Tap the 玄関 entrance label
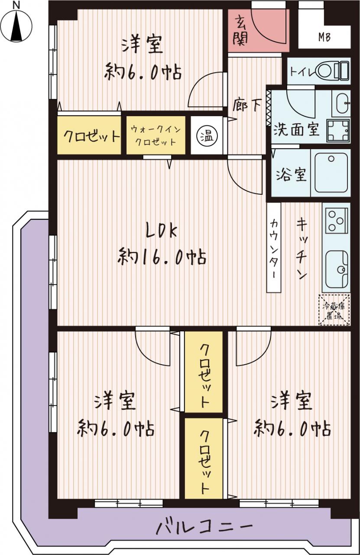click(240, 30)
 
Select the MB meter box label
click(324, 37)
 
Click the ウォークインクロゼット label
click(156, 136)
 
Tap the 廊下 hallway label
click(247, 105)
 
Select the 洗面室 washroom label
click(297, 129)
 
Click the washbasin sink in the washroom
click(341, 103)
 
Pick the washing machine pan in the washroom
click(338, 131)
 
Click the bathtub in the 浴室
click(331, 173)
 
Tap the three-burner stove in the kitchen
click(336, 220)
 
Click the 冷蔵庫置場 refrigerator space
click(334, 310)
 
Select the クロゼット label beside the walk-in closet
click(91, 136)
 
